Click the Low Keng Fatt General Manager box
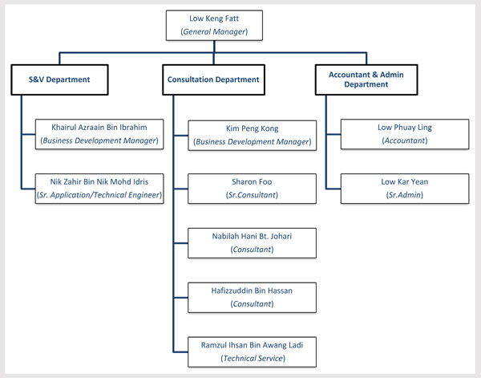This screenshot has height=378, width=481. (x=213, y=26)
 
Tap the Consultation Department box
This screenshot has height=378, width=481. (x=213, y=79)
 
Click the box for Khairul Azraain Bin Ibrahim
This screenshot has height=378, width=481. (x=100, y=133)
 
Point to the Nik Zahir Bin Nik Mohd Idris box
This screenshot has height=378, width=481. (x=100, y=188)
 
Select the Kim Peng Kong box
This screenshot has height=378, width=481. (x=252, y=133)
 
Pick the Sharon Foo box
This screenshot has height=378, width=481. (x=252, y=188)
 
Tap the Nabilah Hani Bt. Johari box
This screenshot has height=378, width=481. (x=252, y=242)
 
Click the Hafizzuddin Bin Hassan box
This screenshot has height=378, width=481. (x=252, y=297)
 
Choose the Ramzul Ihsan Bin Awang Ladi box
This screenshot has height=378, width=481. (x=252, y=351)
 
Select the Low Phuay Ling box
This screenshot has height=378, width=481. (x=404, y=133)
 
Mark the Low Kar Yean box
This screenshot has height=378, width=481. (x=404, y=188)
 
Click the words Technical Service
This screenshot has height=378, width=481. (x=252, y=358)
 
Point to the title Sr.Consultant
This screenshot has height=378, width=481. (x=252, y=195)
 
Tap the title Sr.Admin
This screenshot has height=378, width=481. (x=404, y=195)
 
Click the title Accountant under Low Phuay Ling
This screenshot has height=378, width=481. (x=404, y=140)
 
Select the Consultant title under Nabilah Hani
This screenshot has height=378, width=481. (x=252, y=250)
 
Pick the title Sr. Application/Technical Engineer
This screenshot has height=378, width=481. (x=100, y=195)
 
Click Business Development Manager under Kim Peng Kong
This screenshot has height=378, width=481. (x=252, y=140)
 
